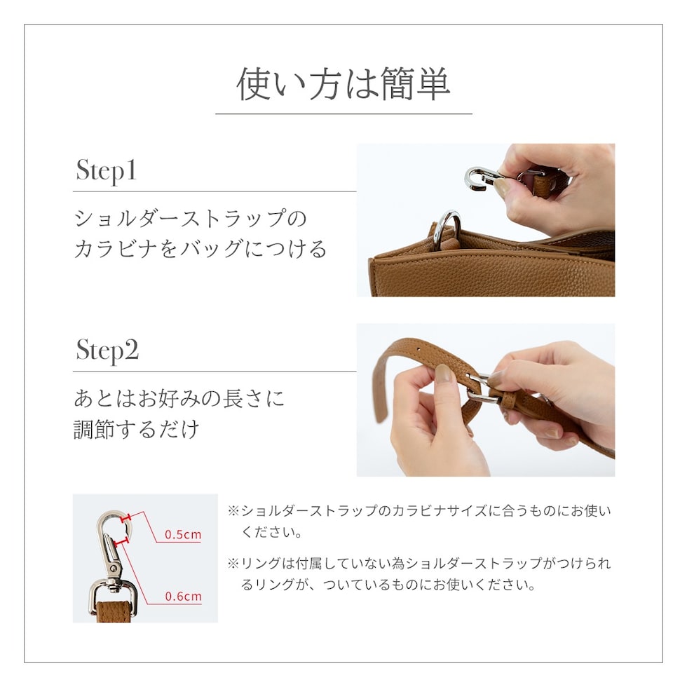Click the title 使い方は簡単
[x=343, y=83]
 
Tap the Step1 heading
[x=106, y=171]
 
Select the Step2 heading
[x=107, y=351]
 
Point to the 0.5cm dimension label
[x=183, y=534]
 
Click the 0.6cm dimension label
[x=183, y=597]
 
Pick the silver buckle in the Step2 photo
[x=482, y=388]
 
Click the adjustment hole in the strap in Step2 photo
[x=419, y=350]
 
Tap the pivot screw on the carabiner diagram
[x=113, y=569]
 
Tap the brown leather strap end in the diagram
[x=114, y=612]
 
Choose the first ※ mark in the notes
[x=233, y=511]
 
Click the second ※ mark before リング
[x=233, y=564]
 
